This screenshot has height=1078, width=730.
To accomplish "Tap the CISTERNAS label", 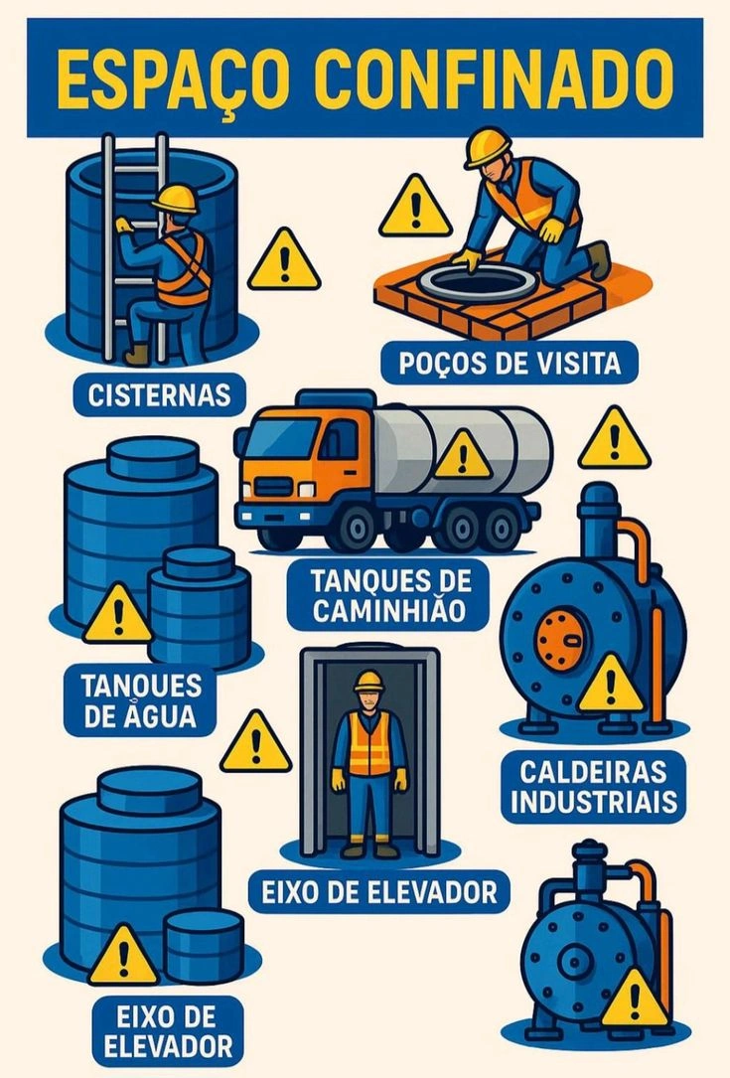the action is coord(159,394).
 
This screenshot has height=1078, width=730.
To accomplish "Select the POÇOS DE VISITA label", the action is coord(511,363).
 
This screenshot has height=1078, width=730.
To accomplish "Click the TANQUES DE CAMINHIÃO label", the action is coord(389,595).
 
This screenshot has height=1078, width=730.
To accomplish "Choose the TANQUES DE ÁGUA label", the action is coord(140,700).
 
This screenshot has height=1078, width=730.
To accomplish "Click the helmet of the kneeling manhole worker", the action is coord(488,146).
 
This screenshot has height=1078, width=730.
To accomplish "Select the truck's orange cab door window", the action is coord(340,440).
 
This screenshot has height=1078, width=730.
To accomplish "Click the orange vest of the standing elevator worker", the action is coord(369,743).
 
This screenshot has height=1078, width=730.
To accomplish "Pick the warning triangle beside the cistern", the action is coord(284,261).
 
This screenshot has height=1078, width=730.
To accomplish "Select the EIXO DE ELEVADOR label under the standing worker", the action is coord(378,892).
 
